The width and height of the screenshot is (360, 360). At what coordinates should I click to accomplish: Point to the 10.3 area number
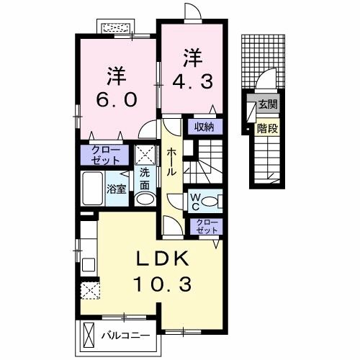(162, 285)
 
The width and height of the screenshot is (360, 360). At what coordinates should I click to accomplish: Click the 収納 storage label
(204, 127)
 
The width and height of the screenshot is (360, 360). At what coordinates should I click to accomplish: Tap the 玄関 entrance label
(268, 104)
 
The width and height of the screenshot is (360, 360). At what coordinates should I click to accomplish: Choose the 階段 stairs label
(267, 129)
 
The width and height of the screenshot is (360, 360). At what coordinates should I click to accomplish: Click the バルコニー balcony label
(125, 336)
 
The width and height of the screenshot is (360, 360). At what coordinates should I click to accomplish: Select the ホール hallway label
(173, 163)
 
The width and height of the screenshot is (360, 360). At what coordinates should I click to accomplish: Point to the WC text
(195, 201)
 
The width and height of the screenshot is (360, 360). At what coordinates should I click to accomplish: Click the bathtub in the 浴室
(94, 189)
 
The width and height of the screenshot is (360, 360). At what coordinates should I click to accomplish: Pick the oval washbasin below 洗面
(145, 199)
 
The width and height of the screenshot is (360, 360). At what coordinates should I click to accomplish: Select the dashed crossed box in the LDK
(90, 289)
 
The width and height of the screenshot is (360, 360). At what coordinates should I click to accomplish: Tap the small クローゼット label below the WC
(206, 226)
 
